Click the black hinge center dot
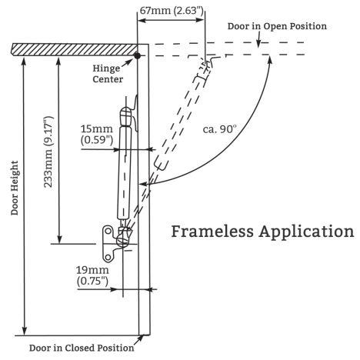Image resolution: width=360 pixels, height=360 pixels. point(138,55)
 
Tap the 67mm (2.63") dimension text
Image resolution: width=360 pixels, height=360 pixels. point(172,11)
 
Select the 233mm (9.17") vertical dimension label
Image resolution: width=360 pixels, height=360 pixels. point(48,152)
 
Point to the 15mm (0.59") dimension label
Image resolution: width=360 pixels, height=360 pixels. point(97,135)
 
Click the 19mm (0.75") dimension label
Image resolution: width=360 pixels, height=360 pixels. point(92,275)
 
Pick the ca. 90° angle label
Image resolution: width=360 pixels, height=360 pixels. point(219,129)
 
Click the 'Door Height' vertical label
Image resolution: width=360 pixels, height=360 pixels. point(15,188)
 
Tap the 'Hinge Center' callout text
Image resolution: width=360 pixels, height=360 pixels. point(108,74)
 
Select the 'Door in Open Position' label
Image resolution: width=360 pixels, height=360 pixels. point(277,26)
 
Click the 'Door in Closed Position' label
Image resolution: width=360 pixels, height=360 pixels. point(82,348)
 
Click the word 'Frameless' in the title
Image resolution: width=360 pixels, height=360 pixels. point(212,232)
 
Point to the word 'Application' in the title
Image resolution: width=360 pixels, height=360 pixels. point(306,232)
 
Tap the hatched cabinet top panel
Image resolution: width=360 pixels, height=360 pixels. point(75,49)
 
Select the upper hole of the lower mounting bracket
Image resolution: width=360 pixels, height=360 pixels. point(108,231)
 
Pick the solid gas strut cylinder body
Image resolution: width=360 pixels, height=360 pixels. point(125,172)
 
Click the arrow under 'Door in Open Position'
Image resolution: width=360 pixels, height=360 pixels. point(258,39)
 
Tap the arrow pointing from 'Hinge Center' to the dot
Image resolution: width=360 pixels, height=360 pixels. point(127,63)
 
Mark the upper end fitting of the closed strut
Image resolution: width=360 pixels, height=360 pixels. point(126,116)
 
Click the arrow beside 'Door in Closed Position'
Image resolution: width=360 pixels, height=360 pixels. point(138,340)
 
